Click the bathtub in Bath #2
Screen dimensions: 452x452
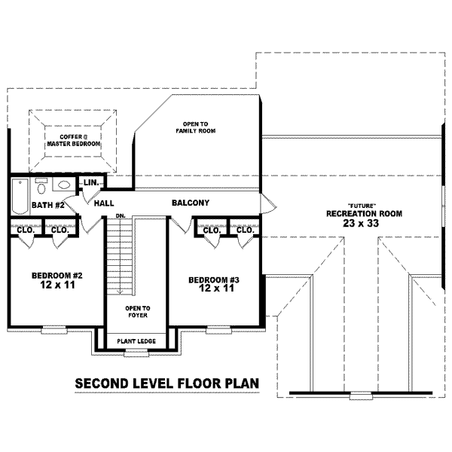click(20, 197)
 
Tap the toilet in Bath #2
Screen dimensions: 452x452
click(41, 186)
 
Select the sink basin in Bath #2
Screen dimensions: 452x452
click(64, 185)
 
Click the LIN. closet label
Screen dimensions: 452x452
click(91, 182)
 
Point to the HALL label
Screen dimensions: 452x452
click(104, 203)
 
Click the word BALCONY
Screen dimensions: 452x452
click(191, 203)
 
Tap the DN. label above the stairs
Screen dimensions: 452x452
click(121, 215)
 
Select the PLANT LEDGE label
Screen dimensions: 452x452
click(136, 341)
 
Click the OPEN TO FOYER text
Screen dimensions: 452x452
click(138, 312)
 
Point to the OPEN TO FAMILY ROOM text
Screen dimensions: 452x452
click(196, 127)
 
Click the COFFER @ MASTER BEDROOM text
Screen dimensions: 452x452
click(74, 140)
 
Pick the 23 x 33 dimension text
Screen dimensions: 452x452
click(361, 223)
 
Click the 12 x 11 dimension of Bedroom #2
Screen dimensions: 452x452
click(58, 285)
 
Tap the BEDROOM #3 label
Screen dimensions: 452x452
click(214, 280)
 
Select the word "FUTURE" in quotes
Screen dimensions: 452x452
click(362, 206)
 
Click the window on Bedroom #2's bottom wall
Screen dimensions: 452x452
click(54, 330)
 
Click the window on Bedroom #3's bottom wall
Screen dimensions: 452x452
click(218, 330)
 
